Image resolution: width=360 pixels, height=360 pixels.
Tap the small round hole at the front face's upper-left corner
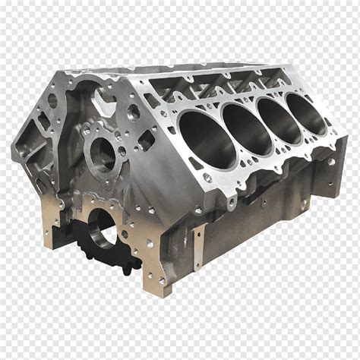click(52, 99)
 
